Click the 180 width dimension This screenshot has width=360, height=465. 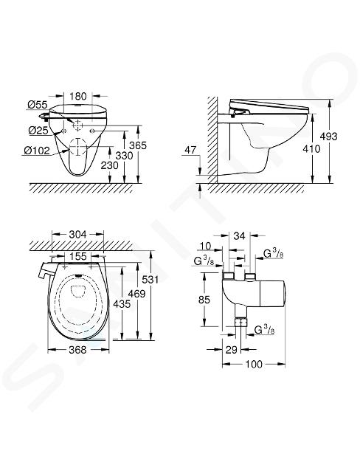point(78,96)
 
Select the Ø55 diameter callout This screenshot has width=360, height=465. point(38,104)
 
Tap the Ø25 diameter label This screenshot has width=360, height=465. point(38,130)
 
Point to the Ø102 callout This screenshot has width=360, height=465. point(37,151)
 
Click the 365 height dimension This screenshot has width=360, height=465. point(138,145)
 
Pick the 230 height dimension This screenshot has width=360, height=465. point(110,165)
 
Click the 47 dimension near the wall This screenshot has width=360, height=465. point(190,150)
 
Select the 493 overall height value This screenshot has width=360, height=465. point(329,136)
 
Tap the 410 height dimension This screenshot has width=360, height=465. point(311,148)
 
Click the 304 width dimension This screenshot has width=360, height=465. point(77,235)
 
